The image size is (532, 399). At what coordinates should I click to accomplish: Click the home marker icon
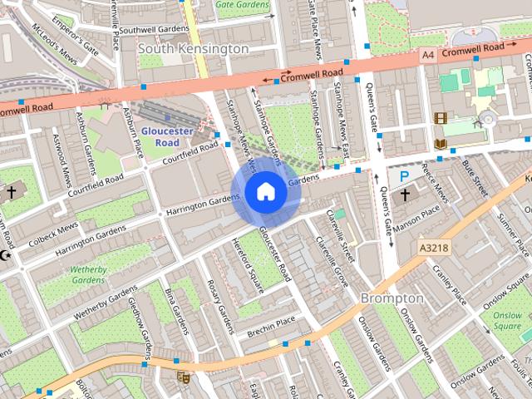pos(264,192)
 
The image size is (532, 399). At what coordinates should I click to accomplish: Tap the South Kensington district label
pos(193,49)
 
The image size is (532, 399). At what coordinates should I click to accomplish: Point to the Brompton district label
pos(392,298)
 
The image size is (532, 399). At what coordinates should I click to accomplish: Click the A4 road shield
pos(428,54)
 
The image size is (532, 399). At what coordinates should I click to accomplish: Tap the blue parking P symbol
pos(405,176)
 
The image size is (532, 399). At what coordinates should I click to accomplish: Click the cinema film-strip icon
pos(439,118)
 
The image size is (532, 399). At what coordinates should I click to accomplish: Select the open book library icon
pos(440,145)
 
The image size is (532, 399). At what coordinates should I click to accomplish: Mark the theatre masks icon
pos(183,377)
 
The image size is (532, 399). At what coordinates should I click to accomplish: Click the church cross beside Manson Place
pos(405,195)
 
